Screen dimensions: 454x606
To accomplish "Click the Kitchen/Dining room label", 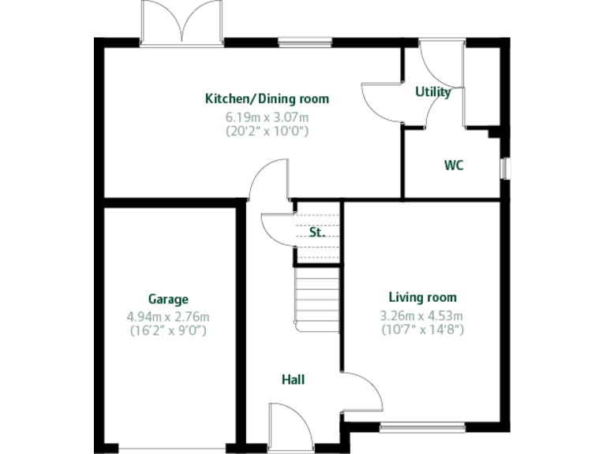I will (x=267, y=99).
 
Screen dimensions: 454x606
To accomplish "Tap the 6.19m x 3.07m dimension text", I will (x=267, y=117).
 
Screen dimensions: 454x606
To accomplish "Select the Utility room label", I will (x=433, y=92).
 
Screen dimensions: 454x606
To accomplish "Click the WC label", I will (x=453, y=166).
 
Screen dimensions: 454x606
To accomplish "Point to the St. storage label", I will (x=316, y=233).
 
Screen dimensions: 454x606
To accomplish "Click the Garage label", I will (x=168, y=300).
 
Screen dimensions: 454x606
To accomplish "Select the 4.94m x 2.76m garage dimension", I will (x=168, y=317).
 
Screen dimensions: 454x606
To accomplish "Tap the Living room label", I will (x=422, y=298).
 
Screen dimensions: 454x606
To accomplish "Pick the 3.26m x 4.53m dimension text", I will (x=422, y=315).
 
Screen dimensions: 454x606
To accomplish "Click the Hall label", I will (x=293, y=380).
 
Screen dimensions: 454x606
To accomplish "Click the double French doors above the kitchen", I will (x=181, y=21).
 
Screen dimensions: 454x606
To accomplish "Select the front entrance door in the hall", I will (x=285, y=426).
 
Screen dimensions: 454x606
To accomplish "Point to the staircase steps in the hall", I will (x=317, y=296).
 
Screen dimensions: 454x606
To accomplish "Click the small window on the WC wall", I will (x=504, y=168).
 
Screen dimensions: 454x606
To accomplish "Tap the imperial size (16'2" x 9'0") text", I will (x=168, y=331).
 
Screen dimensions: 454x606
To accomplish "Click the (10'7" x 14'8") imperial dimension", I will (x=422, y=329).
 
